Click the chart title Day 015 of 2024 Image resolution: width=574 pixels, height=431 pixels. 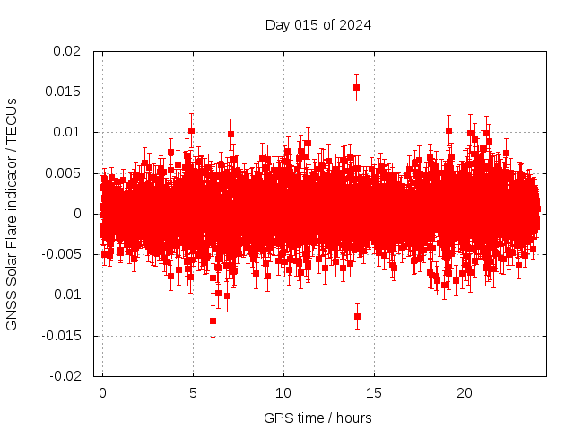317,24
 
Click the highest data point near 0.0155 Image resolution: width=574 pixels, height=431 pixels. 356,87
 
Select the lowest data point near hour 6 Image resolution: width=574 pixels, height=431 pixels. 213,321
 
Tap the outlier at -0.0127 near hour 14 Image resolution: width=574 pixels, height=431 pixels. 357,316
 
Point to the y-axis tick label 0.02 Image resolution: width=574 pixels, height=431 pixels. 66,51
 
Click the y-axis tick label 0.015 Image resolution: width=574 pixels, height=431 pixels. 63,92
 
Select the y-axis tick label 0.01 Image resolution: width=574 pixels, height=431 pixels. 66,132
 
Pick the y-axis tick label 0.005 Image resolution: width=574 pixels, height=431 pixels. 63,172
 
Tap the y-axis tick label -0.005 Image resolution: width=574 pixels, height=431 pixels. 61,254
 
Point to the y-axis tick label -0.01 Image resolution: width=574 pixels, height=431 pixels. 65,295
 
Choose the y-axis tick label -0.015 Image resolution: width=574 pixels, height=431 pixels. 61,335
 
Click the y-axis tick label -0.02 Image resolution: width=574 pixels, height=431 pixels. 65,376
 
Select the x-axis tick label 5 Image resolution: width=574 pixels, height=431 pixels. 193,393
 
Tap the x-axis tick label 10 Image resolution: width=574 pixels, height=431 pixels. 283,393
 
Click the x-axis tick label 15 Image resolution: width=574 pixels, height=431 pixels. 374,393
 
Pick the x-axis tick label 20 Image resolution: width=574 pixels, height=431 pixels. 465,393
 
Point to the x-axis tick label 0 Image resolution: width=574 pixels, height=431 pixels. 102,393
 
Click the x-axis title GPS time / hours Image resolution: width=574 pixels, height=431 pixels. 317,418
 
